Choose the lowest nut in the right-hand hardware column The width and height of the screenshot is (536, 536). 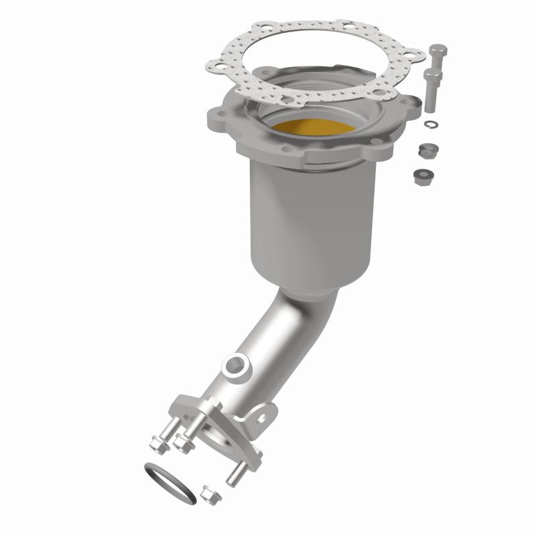[x=422, y=176]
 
